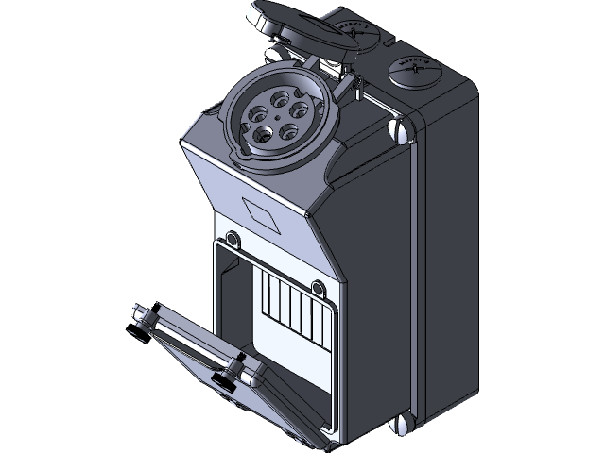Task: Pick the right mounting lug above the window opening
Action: click(x=316, y=287)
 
